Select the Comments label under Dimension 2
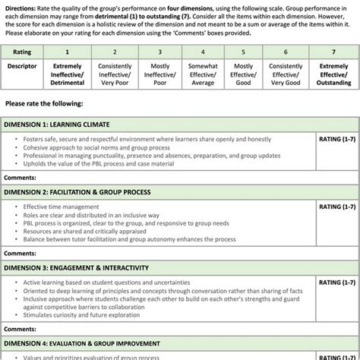tap(20, 253)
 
